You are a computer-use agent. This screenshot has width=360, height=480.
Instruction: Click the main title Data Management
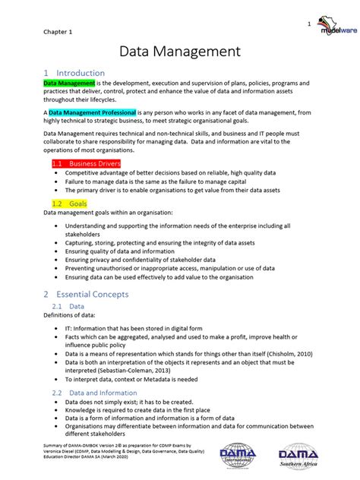180,52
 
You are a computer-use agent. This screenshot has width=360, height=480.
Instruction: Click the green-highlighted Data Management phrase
69,83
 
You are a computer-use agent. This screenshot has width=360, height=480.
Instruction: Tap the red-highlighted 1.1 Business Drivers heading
86,163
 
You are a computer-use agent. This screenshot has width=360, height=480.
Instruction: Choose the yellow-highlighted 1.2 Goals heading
69,204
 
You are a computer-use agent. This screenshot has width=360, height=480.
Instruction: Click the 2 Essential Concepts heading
86,294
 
